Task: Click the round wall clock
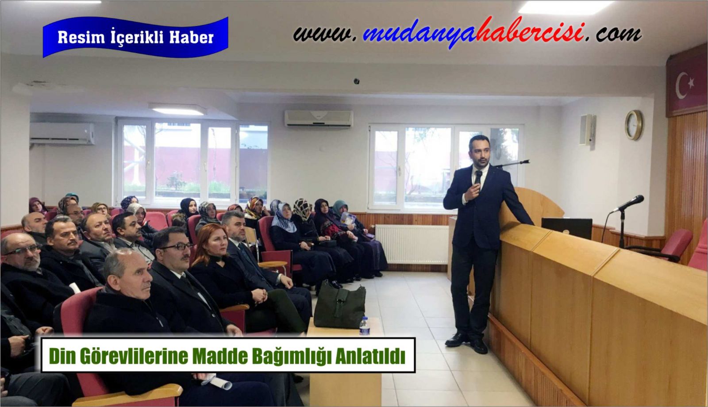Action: (634, 125)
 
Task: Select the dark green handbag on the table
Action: (340, 306)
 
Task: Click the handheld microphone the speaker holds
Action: (478, 177)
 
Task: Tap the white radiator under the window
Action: (412, 244)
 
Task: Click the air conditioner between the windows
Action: (319, 119)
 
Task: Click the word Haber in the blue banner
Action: (192, 38)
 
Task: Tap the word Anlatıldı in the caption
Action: (370, 357)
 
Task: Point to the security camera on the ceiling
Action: (357, 81)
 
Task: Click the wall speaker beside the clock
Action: (588, 130)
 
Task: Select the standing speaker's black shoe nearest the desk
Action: (478, 346)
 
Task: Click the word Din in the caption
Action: (62, 357)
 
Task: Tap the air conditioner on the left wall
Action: (62, 134)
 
